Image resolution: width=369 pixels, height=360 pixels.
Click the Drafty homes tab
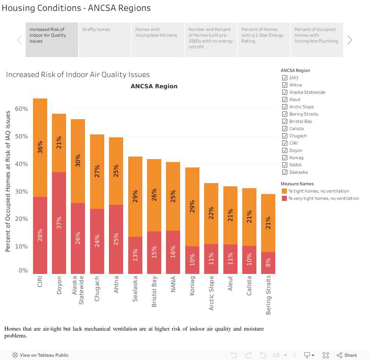105,40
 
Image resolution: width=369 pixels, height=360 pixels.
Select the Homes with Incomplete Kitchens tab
158,40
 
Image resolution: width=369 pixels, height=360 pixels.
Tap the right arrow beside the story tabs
349,40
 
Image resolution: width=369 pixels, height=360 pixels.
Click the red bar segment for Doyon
59,223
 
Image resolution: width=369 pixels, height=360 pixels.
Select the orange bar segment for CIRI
40,147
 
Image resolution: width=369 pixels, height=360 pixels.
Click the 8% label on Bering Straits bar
268,262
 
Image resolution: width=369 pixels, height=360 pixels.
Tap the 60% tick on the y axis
21,109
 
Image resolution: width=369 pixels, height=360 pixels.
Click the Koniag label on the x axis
192,286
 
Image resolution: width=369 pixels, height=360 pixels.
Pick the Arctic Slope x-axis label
211,293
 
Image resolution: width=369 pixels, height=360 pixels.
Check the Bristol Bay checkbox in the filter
285,121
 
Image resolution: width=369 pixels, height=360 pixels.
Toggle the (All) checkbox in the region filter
285,78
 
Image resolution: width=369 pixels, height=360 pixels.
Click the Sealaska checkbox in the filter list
285,172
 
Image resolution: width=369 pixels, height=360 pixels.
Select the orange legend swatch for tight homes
284,191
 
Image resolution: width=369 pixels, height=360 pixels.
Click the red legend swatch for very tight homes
284,198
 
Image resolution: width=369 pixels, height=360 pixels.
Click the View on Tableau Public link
40,355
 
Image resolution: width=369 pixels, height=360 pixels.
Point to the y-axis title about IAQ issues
8,181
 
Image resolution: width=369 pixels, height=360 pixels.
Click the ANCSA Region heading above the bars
154,86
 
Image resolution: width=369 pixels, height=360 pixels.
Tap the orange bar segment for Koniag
192,207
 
